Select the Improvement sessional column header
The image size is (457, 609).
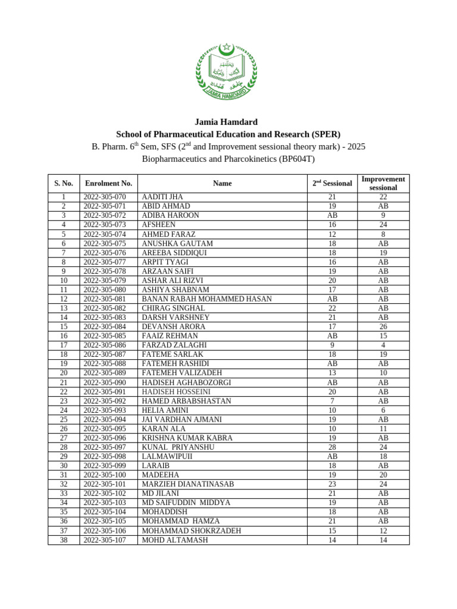383,183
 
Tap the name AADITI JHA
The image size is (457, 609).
162,197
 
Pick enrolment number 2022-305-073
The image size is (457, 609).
105,225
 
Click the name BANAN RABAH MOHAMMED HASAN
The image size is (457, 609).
206,299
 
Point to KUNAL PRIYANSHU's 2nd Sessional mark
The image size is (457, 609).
332,447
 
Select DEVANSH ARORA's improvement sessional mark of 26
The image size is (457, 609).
383,327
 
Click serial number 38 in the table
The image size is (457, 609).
64,540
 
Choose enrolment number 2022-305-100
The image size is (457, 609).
105,475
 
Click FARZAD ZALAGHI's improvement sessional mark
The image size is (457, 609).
383,345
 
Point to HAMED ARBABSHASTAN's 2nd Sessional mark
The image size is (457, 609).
332,401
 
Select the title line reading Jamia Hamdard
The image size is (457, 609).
228,122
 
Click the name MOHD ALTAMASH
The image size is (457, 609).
175,540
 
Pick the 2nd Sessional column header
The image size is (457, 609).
332,183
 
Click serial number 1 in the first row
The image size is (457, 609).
64,197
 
